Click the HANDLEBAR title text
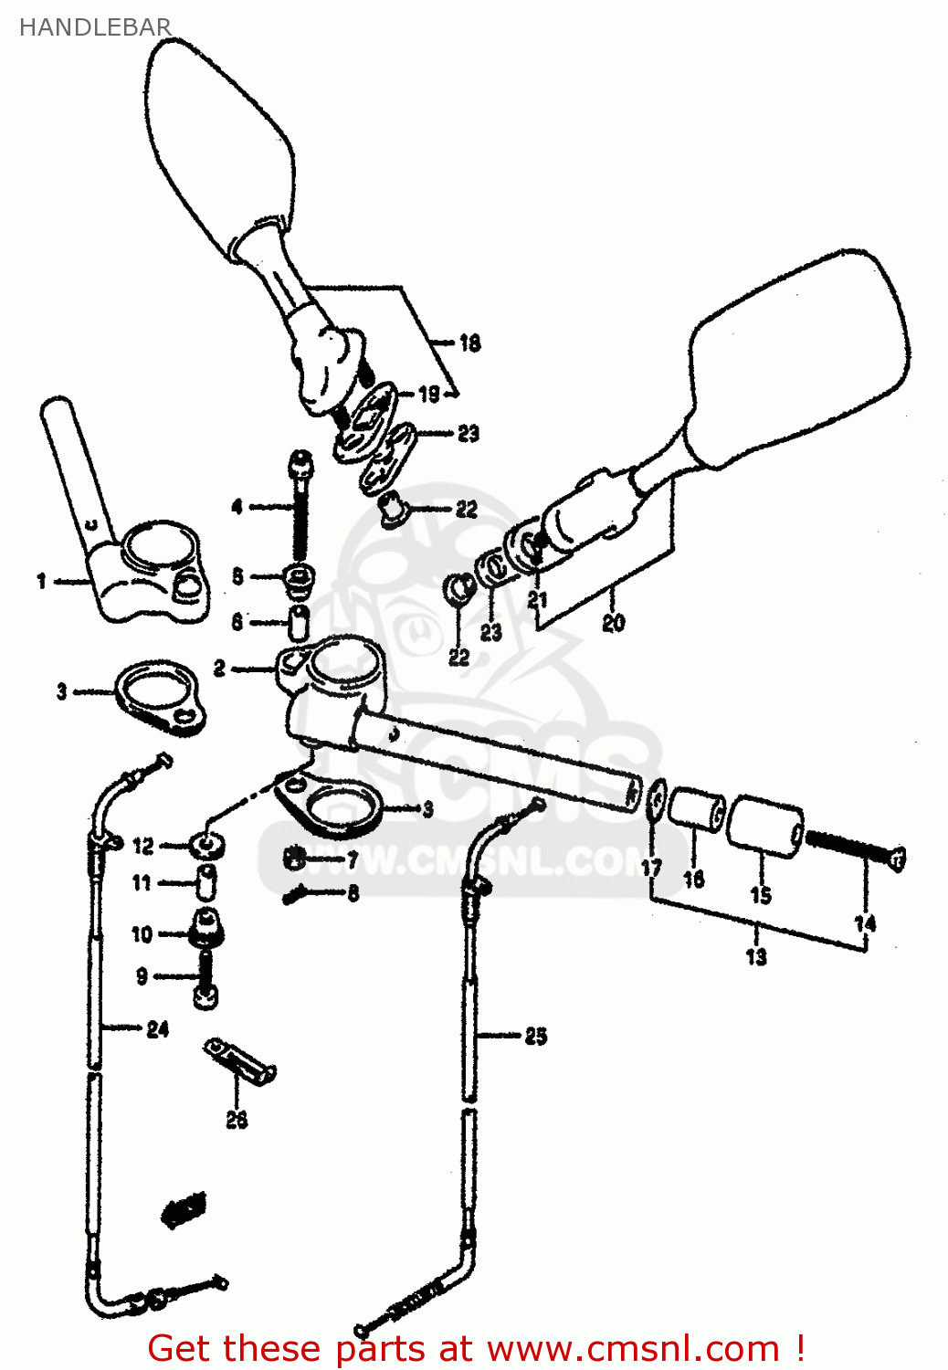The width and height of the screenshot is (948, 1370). click(x=95, y=27)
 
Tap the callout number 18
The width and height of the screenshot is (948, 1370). click(x=469, y=342)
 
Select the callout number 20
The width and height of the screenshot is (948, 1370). click(x=614, y=623)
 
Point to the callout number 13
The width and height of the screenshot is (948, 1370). click(x=756, y=957)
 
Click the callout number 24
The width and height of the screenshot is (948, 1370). click(x=158, y=1029)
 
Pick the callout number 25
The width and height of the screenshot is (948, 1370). click(x=536, y=1036)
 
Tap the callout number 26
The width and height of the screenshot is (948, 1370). click(x=237, y=1119)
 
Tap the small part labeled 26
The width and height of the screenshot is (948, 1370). click(x=239, y=1061)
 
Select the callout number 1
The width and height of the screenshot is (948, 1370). click(x=41, y=580)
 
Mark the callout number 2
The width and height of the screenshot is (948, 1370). click(x=219, y=669)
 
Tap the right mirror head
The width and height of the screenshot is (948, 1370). click(x=799, y=356)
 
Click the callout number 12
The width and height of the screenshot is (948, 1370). click(x=143, y=846)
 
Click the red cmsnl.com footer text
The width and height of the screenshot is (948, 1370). click(x=476, y=1348)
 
